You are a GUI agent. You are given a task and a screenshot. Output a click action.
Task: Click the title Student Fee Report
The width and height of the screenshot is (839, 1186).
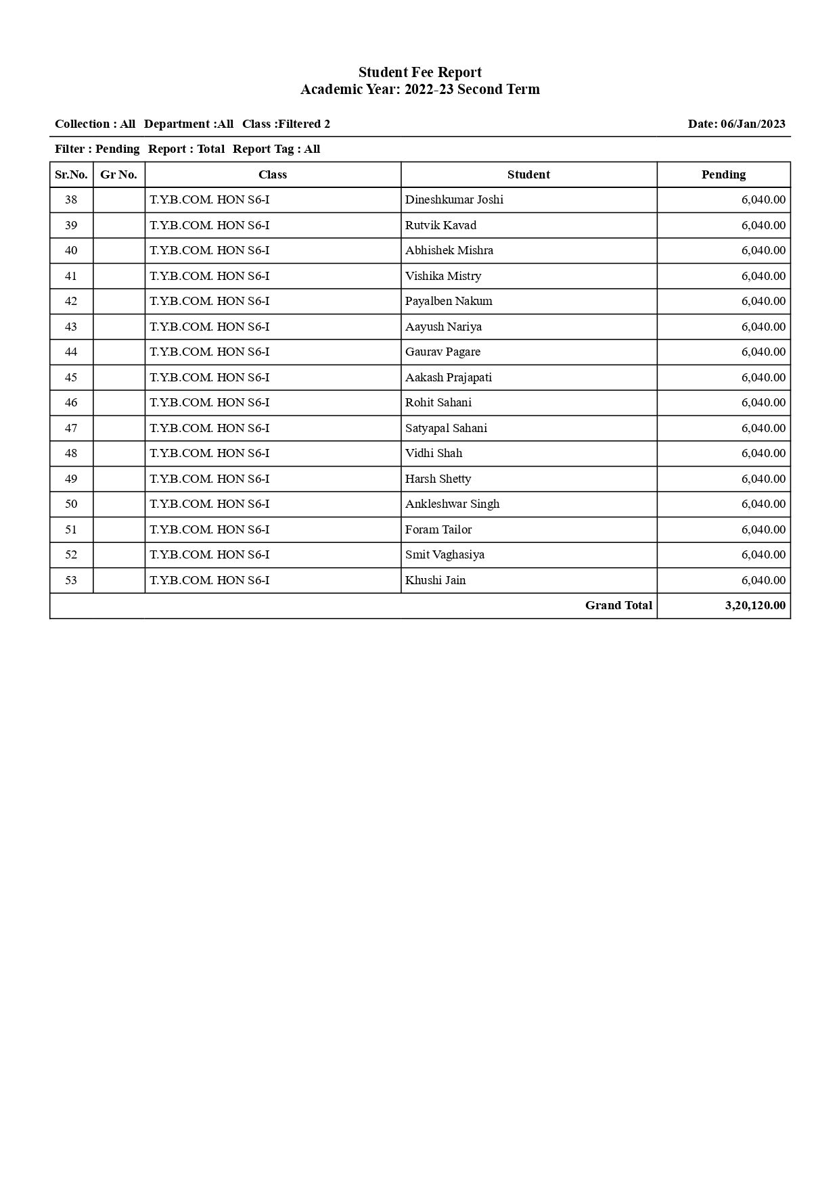pyautogui.click(x=419, y=72)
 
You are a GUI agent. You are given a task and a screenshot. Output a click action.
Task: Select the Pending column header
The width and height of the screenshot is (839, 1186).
pyautogui.click(x=723, y=174)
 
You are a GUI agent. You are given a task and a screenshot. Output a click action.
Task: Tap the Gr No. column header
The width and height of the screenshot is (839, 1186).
pyautogui.click(x=118, y=174)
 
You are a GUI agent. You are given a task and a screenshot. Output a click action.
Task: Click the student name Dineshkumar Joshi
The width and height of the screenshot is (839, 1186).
pyautogui.click(x=454, y=199)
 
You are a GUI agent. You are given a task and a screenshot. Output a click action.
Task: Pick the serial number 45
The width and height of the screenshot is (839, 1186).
pyautogui.click(x=71, y=377)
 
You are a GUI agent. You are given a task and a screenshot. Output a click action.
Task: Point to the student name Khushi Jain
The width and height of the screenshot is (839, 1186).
pyautogui.click(x=435, y=580)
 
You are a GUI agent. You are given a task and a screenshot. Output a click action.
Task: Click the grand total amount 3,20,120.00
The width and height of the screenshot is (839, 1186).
pyautogui.click(x=755, y=605)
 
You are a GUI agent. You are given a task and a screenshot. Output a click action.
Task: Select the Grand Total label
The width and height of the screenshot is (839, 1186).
pyautogui.click(x=618, y=605)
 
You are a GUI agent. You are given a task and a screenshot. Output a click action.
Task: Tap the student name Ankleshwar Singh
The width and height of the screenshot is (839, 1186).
pyautogui.click(x=452, y=504)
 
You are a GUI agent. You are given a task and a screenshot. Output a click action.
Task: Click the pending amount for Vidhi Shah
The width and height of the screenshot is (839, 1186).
pyautogui.click(x=763, y=453)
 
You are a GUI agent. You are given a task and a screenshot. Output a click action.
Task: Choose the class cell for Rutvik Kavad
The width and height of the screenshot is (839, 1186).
pyautogui.click(x=209, y=225)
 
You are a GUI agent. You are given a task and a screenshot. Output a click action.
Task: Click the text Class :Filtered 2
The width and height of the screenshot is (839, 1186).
pyautogui.click(x=286, y=124)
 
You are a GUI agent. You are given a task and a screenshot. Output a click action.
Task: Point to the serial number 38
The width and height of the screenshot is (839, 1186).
pyautogui.click(x=71, y=199)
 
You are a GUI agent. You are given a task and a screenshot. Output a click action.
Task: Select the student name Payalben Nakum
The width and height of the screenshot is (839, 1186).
pyautogui.click(x=449, y=301)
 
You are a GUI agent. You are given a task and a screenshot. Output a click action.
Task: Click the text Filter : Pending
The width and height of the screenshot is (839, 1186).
pyautogui.click(x=97, y=149)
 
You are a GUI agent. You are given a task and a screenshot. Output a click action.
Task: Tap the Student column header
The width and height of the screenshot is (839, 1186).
pyautogui.click(x=528, y=174)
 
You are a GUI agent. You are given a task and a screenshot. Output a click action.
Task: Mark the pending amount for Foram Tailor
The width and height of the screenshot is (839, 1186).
pyautogui.click(x=763, y=529)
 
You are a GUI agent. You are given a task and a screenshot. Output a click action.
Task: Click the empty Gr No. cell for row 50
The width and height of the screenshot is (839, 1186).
pyautogui.click(x=118, y=504)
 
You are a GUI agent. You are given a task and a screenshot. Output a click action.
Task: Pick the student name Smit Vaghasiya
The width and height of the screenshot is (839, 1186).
pyautogui.click(x=445, y=554)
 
